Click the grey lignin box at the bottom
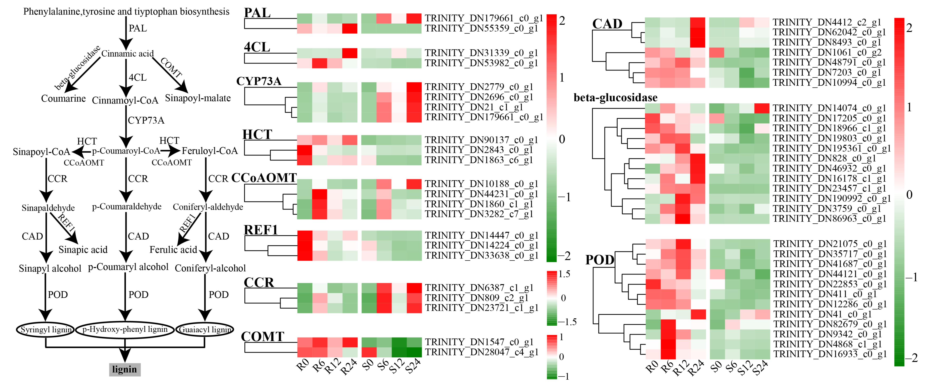pyautogui.click(x=124, y=369)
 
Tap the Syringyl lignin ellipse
pyautogui.click(x=45, y=329)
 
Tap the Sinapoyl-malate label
pyautogui.click(x=198, y=98)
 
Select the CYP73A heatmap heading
pyautogui.click(x=259, y=81)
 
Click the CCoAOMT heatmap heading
pyautogui.click(x=264, y=178)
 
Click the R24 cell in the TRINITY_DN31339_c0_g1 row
pyautogui.click(x=349, y=53)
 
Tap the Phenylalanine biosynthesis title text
pyautogui.click(x=126, y=11)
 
